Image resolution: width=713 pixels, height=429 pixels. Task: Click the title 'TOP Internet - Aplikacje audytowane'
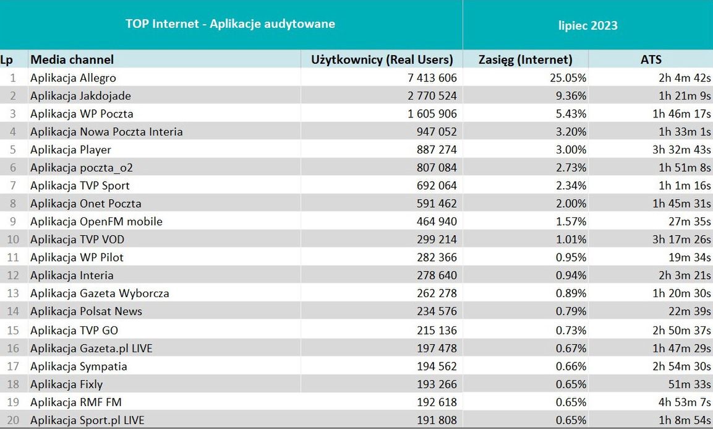coord(230,24)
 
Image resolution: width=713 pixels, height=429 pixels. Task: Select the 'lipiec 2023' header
coord(587,25)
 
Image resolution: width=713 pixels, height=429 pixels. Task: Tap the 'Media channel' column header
coord(72,59)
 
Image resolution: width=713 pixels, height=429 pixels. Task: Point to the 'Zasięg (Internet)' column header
coord(526,59)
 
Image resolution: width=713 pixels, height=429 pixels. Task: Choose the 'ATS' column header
coord(651,59)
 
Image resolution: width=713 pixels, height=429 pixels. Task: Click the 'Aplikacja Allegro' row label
coord(73,78)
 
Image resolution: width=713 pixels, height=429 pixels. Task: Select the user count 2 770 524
coord(432,96)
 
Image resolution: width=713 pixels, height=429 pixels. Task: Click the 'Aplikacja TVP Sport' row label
coord(80,186)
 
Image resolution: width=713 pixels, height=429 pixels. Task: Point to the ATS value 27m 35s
coord(690,222)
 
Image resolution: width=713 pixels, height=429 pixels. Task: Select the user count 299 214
coord(437,240)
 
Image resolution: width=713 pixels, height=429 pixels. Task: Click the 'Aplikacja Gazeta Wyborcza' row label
coord(100,293)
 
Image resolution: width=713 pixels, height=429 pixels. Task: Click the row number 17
coord(13,366)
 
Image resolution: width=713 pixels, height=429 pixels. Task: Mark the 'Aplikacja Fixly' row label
coord(66,384)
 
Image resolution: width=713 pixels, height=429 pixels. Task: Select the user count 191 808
coord(437,420)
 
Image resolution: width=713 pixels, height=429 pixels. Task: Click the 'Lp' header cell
coord(7,59)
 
